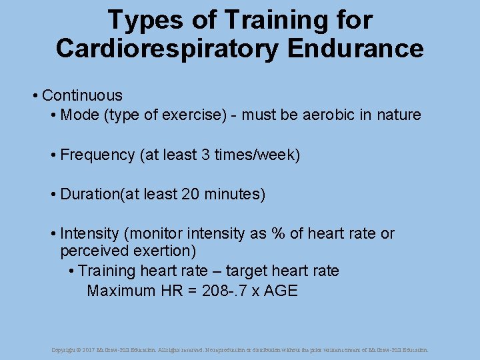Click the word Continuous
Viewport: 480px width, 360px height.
tap(82, 95)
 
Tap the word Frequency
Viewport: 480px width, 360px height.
tap(97, 155)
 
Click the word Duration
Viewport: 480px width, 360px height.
tap(89, 195)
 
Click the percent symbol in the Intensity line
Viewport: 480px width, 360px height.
tap(277, 234)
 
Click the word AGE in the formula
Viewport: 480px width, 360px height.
tap(281, 291)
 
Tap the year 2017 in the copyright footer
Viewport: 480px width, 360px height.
tap(89, 349)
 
